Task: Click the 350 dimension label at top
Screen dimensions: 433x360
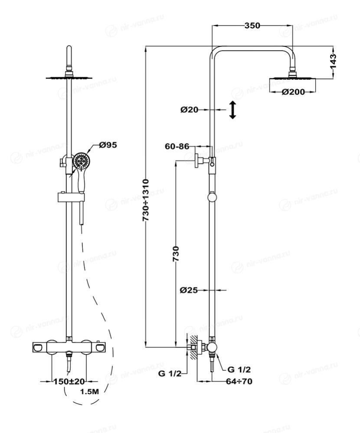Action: [x=252, y=26]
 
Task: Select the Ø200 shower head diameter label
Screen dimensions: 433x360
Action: [x=292, y=91]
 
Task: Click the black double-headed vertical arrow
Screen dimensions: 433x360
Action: [x=233, y=110]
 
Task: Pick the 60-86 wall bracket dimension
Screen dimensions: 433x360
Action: [x=177, y=147]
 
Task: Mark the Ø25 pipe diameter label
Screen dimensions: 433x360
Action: [x=189, y=290]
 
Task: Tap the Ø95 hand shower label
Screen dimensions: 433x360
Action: [x=108, y=145]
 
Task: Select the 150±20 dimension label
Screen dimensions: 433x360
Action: [x=69, y=381]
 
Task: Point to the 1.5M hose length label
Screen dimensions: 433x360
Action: [x=90, y=392]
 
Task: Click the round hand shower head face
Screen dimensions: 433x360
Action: [x=81, y=161]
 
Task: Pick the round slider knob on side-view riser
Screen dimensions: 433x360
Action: [x=212, y=197]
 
